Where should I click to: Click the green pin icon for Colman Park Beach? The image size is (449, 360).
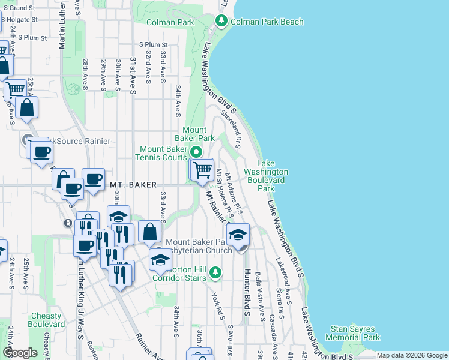coord(221,22)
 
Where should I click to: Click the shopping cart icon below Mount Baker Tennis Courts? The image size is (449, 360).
coord(202,170)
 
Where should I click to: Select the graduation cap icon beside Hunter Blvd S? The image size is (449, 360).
coord(238,235)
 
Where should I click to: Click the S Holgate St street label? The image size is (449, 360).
coord(20,19)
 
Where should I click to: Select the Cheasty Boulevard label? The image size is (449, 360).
coord(46,320)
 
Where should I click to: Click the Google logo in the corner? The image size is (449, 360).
coord(20,352)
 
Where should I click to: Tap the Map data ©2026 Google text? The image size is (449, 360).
coord(411,355)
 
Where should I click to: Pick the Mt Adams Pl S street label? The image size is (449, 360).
coord(233,194)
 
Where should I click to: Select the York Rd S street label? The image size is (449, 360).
coord(217,305)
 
